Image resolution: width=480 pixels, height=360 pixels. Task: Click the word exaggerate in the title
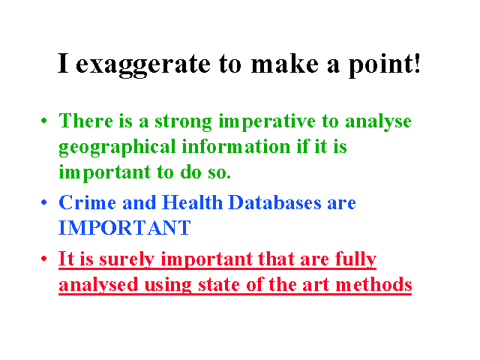point(143,65)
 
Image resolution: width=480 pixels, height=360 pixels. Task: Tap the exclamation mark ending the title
point(417,63)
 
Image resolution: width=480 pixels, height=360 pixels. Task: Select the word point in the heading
point(379,65)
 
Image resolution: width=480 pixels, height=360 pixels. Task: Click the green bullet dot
point(44,121)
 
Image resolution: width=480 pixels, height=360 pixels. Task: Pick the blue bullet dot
point(44,202)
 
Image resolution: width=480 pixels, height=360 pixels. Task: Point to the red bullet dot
point(44,259)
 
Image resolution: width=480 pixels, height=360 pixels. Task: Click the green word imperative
point(267,122)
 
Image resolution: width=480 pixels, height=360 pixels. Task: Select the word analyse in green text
point(378,122)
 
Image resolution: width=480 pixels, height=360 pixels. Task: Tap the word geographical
point(117,148)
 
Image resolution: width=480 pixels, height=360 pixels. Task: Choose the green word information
point(236,147)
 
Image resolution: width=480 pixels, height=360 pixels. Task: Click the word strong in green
point(183,122)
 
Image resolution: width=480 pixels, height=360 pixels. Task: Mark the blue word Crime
point(87,202)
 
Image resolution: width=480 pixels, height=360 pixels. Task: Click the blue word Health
point(192,202)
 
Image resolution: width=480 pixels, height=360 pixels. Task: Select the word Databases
point(275,202)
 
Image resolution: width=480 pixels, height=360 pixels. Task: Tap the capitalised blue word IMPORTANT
point(124,228)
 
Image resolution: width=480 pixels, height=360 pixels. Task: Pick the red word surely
point(127,260)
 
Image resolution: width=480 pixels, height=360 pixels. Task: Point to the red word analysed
point(98,286)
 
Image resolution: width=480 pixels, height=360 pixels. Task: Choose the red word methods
point(373,285)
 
